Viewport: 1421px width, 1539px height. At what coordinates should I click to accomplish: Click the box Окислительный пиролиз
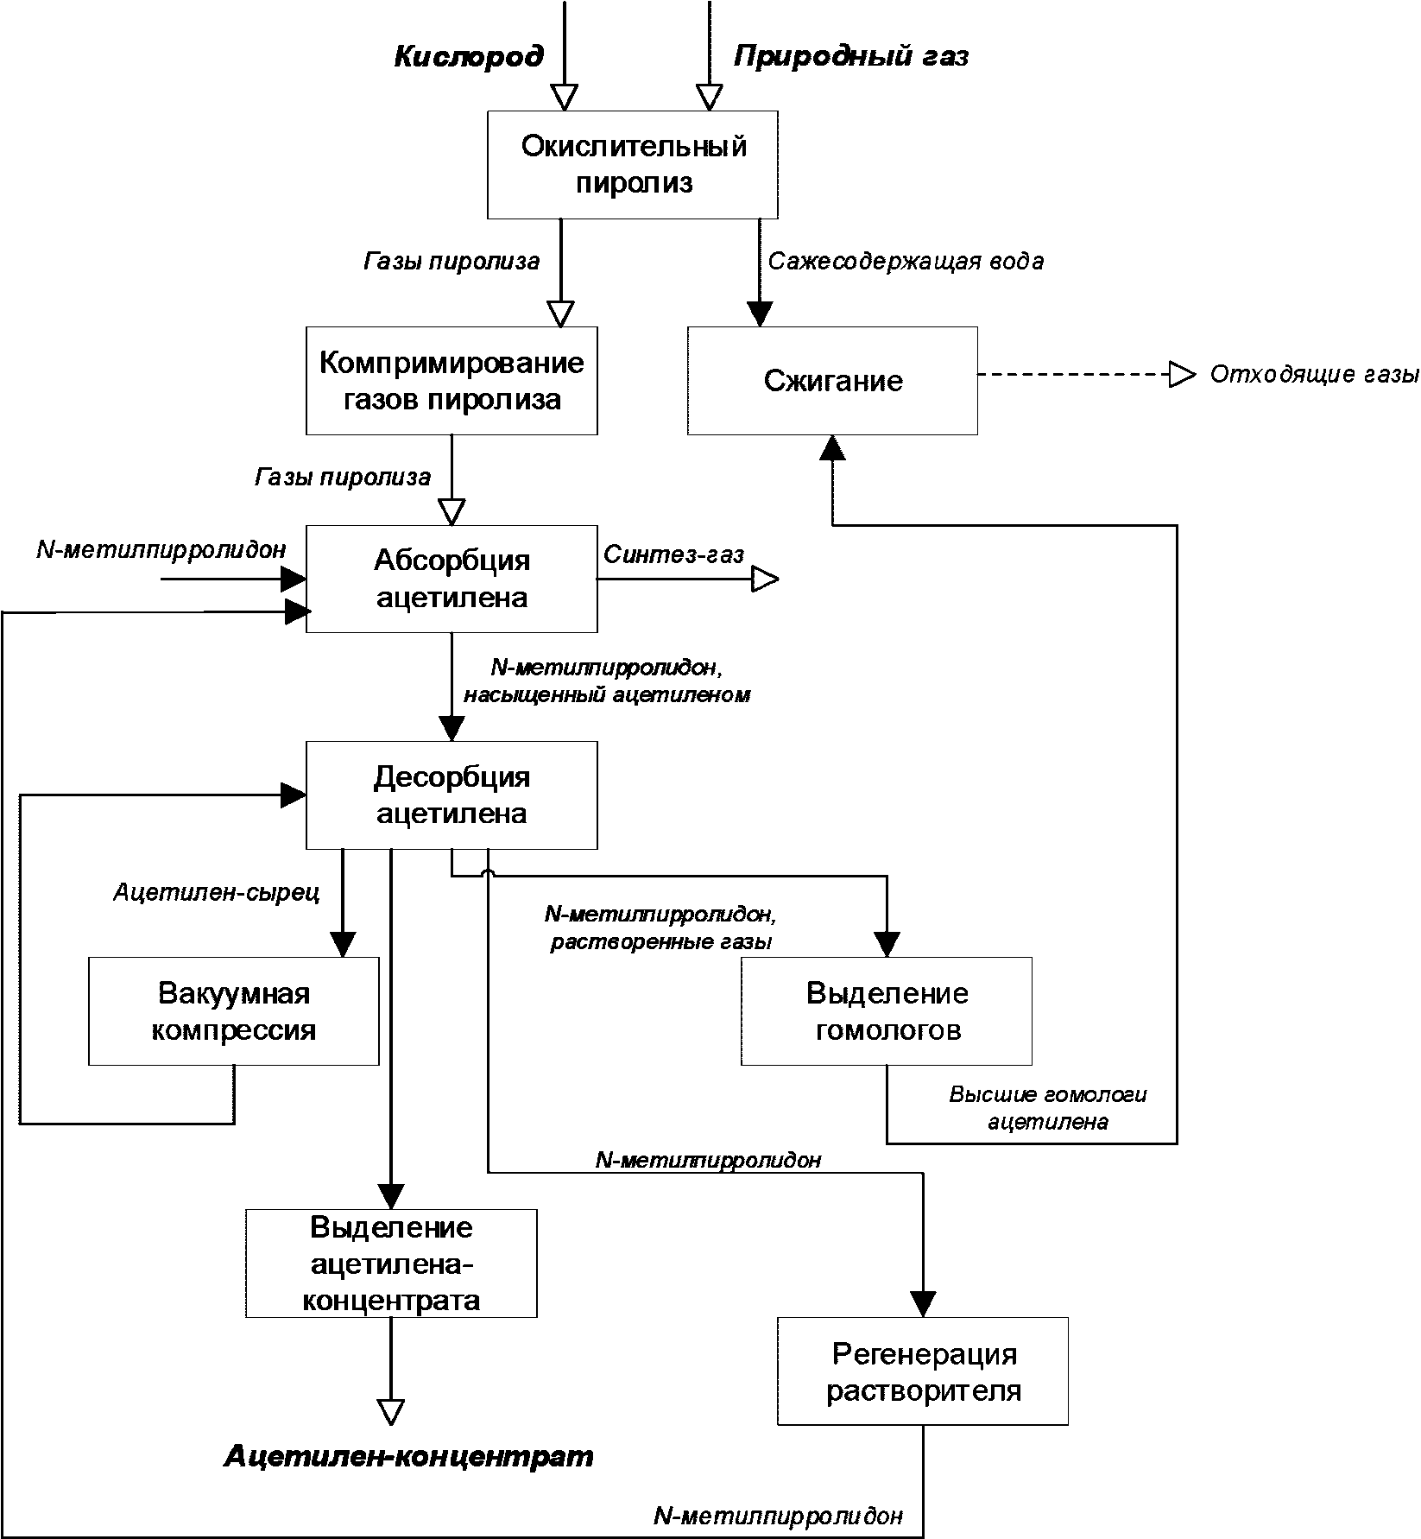click(633, 164)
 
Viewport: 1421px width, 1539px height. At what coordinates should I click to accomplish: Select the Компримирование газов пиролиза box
click(452, 380)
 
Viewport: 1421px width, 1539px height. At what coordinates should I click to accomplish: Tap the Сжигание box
click(833, 380)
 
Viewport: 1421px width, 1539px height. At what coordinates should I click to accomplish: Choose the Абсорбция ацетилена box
click(452, 579)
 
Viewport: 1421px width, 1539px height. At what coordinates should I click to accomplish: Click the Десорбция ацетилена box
click(452, 795)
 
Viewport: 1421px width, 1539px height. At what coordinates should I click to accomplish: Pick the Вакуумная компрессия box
click(234, 1011)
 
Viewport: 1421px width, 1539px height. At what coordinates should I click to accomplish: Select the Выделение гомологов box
click(887, 1011)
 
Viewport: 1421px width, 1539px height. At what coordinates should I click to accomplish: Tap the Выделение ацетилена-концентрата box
click(391, 1263)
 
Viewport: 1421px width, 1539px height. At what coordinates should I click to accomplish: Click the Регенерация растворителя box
click(923, 1371)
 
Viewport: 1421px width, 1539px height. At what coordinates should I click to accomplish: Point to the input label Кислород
click(470, 57)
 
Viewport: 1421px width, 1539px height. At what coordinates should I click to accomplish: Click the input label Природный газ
click(851, 57)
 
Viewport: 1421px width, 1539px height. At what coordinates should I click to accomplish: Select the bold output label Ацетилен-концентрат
click(409, 1457)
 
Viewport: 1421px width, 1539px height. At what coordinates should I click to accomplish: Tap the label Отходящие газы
click(1315, 375)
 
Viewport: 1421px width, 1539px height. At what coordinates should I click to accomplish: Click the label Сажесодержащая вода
click(906, 261)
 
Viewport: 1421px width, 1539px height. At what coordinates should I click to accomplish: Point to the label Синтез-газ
click(673, 554)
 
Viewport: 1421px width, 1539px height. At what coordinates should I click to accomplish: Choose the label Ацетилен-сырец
click(217, 892)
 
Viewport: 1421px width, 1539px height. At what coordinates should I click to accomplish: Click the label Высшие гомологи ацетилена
click(1048, 1108)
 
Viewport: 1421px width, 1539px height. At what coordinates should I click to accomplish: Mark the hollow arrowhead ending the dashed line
click(1182, 375)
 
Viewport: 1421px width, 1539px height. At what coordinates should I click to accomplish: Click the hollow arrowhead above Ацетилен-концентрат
click(391, 1411)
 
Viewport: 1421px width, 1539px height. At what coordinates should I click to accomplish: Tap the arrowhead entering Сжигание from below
click(832, 447)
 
